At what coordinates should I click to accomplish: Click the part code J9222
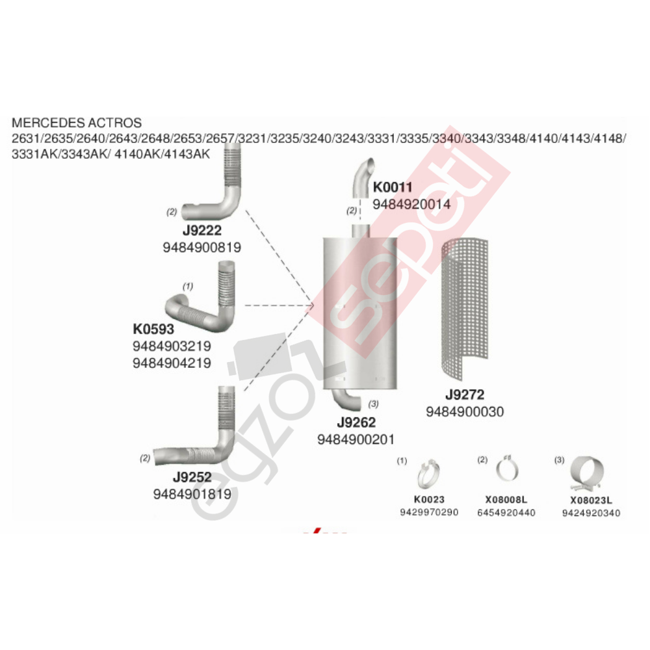point(202,231)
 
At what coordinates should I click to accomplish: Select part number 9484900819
point(202,248)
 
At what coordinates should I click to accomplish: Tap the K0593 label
point(153,329)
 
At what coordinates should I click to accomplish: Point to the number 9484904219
point(172,363)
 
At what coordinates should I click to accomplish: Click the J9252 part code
point(192,477)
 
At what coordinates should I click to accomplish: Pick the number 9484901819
point(192,494)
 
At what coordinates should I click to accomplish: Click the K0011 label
point(393,187)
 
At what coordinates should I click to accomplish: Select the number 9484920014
point(411,204)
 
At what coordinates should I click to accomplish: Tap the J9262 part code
point(356,422)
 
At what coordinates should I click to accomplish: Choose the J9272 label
point(465,395)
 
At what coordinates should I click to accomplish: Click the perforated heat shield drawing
point(465,308)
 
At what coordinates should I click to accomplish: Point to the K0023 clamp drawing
point(428,474)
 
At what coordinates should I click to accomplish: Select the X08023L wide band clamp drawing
point(586,473)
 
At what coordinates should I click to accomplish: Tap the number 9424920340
point(591,513)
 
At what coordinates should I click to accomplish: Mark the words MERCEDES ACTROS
point(77,123)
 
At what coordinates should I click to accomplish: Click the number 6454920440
point(506,513)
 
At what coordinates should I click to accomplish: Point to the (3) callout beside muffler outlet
point(373,404)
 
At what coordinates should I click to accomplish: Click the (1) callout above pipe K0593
point(188,287)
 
